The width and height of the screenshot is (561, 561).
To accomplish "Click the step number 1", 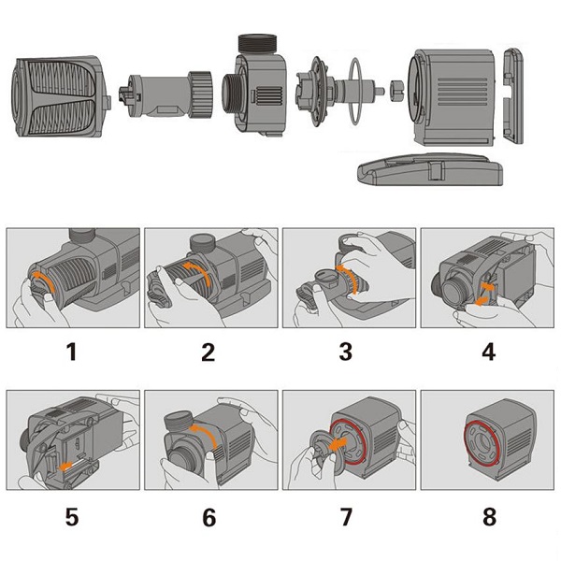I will pos(72,352).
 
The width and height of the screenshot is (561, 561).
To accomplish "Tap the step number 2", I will pos(209,352).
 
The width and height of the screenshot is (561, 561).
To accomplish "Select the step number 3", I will pos(346,352).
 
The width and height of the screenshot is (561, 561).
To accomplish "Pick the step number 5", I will pos(72,516).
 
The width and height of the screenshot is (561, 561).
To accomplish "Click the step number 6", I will pos(209,516).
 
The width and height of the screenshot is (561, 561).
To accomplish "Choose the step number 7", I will pos(346,516).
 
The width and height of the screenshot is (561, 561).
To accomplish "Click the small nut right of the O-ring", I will pos(396,91).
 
